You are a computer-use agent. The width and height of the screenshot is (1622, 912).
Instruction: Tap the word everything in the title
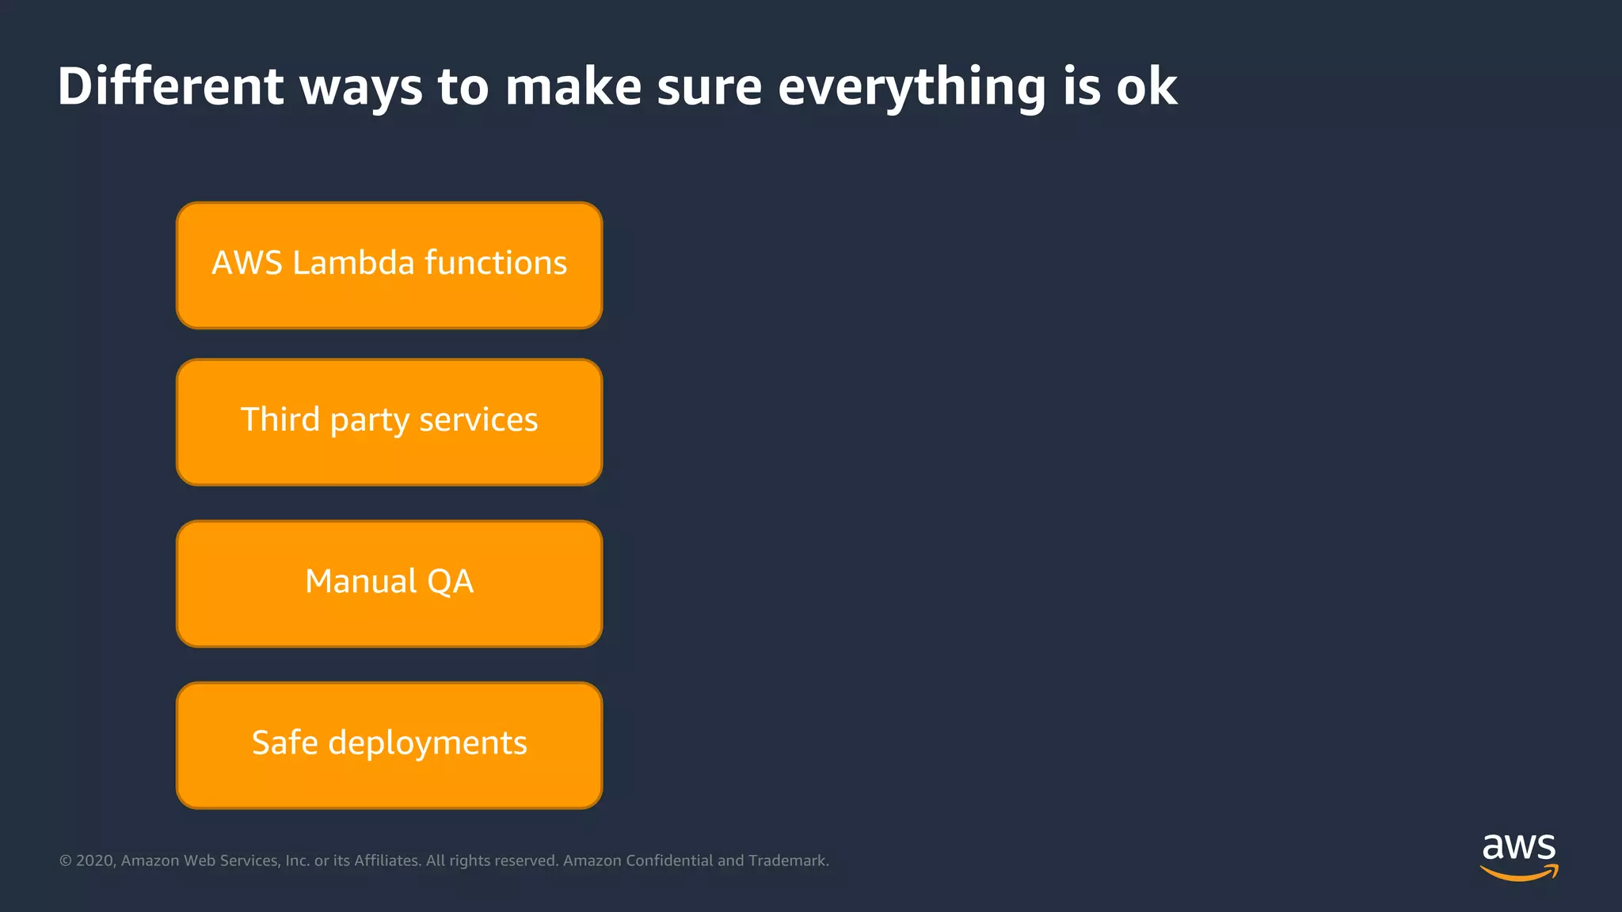click(x=912, y=87)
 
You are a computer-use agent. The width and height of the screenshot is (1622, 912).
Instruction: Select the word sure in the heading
click(x=709, y=87)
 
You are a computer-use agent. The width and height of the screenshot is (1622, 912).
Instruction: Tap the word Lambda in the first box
click(x=353, y=263)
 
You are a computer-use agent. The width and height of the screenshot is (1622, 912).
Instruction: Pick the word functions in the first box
click(x=496, y=263)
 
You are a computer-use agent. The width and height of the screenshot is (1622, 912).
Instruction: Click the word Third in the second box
click(x=280, y=420)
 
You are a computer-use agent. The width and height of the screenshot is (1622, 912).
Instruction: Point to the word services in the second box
click(x=478, y=420)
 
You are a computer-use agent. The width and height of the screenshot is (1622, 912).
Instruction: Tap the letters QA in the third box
click(x=450, y=582)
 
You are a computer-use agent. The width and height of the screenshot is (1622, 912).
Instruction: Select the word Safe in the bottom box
click(x=284, y=743)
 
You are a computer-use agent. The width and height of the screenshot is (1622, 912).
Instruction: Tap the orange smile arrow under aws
click(x=1518, y=873)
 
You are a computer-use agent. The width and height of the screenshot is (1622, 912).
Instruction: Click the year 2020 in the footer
click(x=95, y=861)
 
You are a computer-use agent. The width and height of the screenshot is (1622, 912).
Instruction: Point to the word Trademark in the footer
click(x=787, y=861)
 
